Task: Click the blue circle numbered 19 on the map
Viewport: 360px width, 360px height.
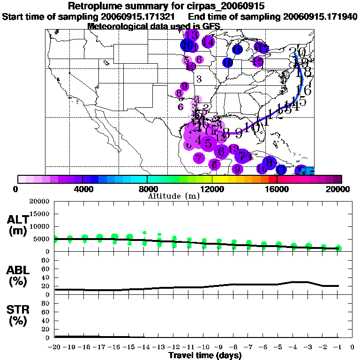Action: tap(228, 62)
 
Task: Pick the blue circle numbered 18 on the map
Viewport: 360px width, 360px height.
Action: tap(237, 50)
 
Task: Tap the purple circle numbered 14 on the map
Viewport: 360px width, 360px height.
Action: tap(208, 42)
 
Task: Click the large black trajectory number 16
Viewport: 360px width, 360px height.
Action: tap(304, 90)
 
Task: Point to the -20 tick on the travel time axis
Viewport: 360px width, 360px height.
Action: tap(55, 347)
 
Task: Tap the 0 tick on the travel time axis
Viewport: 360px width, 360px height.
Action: tap(352, 347)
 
